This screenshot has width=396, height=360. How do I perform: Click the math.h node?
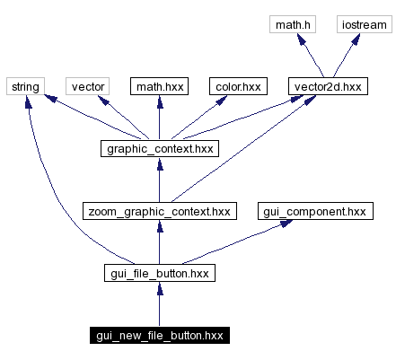pyautogui.click(x=294, y=24)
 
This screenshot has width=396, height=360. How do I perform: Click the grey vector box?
pyautogui.click(x=88, y=86)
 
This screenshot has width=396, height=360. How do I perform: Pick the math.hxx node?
pyautogui.click(x=159, y=86)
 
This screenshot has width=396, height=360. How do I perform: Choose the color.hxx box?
pyautogui.click(x=238, y=86)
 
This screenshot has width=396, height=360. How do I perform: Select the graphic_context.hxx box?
pyautogui.click(x=159, y=149)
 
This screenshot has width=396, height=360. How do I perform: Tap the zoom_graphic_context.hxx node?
pyautogui.click(x=159, y=212)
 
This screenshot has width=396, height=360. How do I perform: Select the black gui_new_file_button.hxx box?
pyautogui.click(x=159, y=336)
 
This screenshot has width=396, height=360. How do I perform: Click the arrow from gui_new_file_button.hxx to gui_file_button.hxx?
pyautogui.click(x=159, y=305)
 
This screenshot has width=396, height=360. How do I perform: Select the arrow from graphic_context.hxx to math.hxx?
pyautogui.click(x=159, y=118)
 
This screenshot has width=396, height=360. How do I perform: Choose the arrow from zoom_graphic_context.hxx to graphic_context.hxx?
pyautogui.click(x=159, y=180)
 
